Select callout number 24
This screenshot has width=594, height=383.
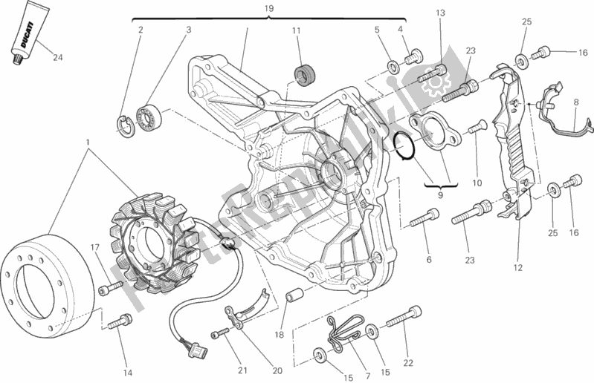coord(57,57)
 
